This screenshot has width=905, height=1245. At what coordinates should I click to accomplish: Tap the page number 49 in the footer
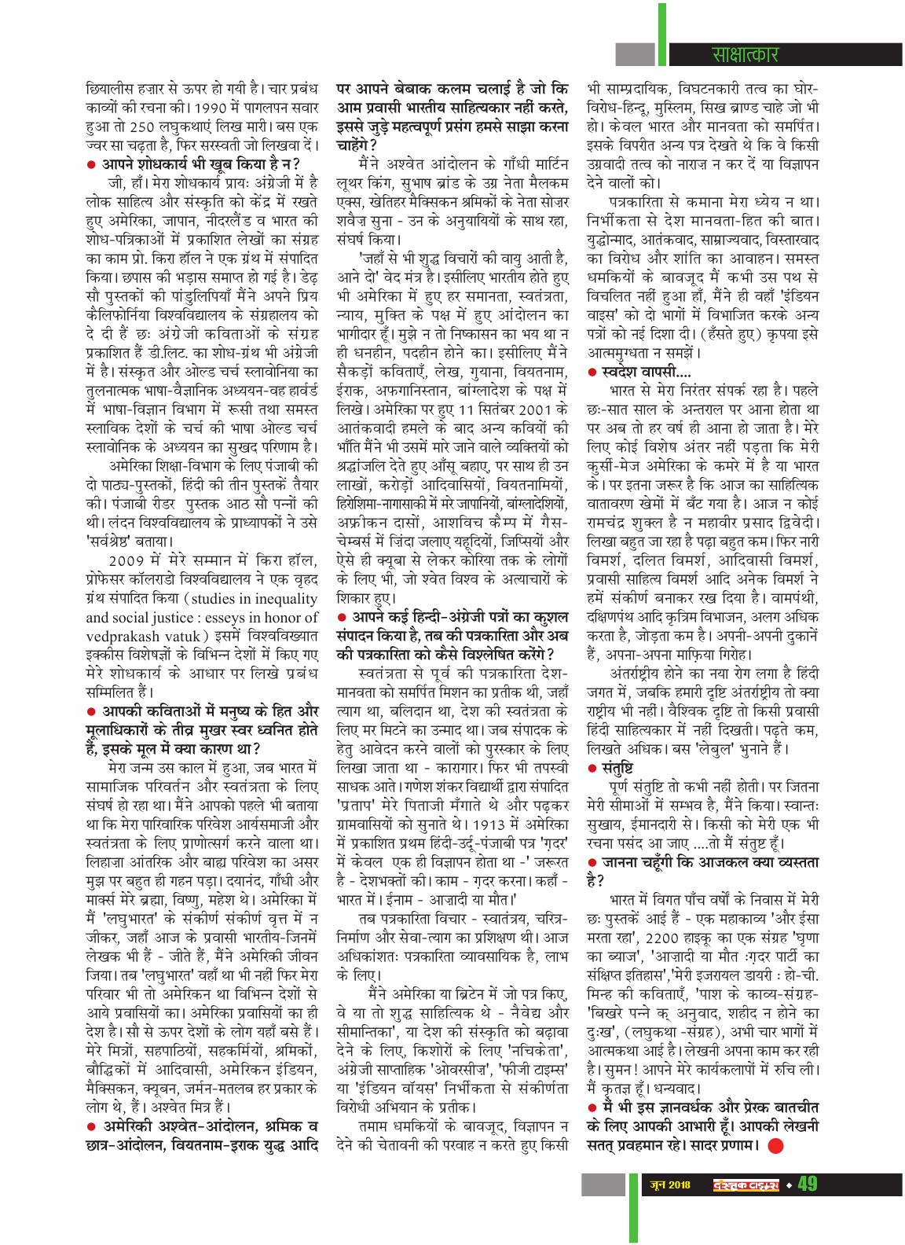pos(808,1206)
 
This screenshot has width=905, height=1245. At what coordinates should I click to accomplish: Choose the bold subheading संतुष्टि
pos(617,766)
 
